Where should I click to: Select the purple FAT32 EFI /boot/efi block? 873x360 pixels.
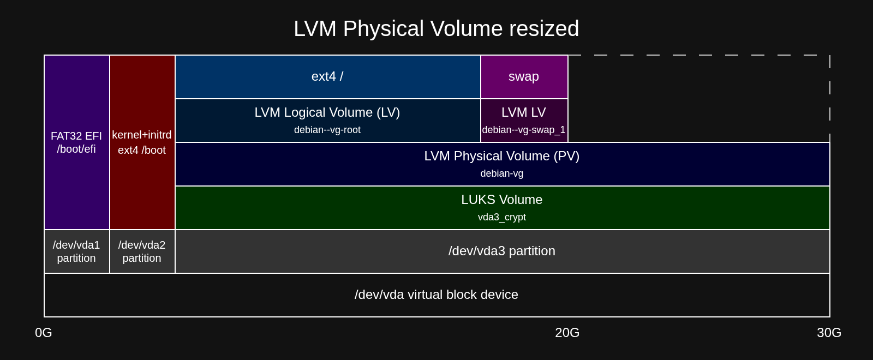(x=77, y=142)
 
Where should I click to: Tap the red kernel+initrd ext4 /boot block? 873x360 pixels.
(x=142, y=142)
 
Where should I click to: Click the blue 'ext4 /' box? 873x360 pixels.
(x=328, y=77)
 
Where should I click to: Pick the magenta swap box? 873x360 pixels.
(x=524, y=77)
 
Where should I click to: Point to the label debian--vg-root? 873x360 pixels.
(x=327, y=130)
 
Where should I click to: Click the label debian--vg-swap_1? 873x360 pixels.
(x=524, y=130)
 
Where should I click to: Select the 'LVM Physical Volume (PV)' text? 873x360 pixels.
(x=502, y=156)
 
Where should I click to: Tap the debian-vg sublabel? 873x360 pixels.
(x=502, y=173)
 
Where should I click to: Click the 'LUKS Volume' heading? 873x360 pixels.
(x=502, y=200)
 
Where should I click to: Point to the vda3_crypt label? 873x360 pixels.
(x=502, y=217)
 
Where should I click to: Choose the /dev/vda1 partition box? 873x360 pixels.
(x=77, y=251)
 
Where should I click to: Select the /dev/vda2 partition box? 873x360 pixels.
(x=142, y=251)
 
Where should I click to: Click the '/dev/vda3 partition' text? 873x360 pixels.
(x=502, y=251)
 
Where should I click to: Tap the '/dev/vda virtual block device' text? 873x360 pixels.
(x=436, y=295)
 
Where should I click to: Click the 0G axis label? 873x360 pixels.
(x=44, y=333)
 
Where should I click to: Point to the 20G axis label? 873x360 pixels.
(x=567, y=333)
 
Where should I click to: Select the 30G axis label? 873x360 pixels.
(x=829, y=333)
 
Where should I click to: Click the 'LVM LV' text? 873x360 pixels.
(x=524, y=112)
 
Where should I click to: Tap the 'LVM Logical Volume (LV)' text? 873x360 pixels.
(x=327, y=112)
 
